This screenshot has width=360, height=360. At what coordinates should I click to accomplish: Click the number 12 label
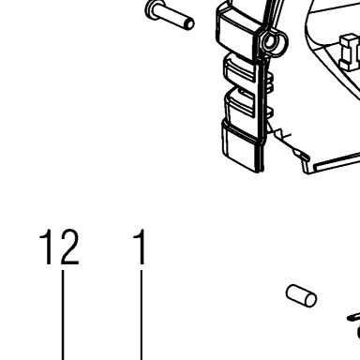[x=59, y=247]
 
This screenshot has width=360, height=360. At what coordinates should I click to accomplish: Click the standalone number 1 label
[x=141, y=247]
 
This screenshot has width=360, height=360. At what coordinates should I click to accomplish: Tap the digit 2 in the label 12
[x=69, y=247]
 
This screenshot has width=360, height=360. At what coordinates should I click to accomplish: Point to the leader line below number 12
[x=63, y=315]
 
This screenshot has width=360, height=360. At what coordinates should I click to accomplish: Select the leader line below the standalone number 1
[x=142, y=315]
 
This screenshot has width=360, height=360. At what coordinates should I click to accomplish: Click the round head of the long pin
[x=152, y=10]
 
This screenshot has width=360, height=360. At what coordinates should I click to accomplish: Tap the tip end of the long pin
[x=189, y=24]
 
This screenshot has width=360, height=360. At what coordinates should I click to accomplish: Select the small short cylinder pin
[x=301, y=295]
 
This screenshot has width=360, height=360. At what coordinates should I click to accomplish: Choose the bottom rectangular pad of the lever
[x=241, y=148]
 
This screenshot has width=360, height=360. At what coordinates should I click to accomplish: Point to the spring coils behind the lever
[x=270, y=83]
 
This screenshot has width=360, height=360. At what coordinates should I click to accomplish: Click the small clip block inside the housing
[x=349, y=52]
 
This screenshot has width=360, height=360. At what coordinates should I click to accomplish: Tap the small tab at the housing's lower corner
[x=302, y=154]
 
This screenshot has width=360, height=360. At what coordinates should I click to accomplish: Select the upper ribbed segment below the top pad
[x=239, y=69]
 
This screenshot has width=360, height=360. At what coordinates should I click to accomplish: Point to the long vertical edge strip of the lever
[x=262, y=112]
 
